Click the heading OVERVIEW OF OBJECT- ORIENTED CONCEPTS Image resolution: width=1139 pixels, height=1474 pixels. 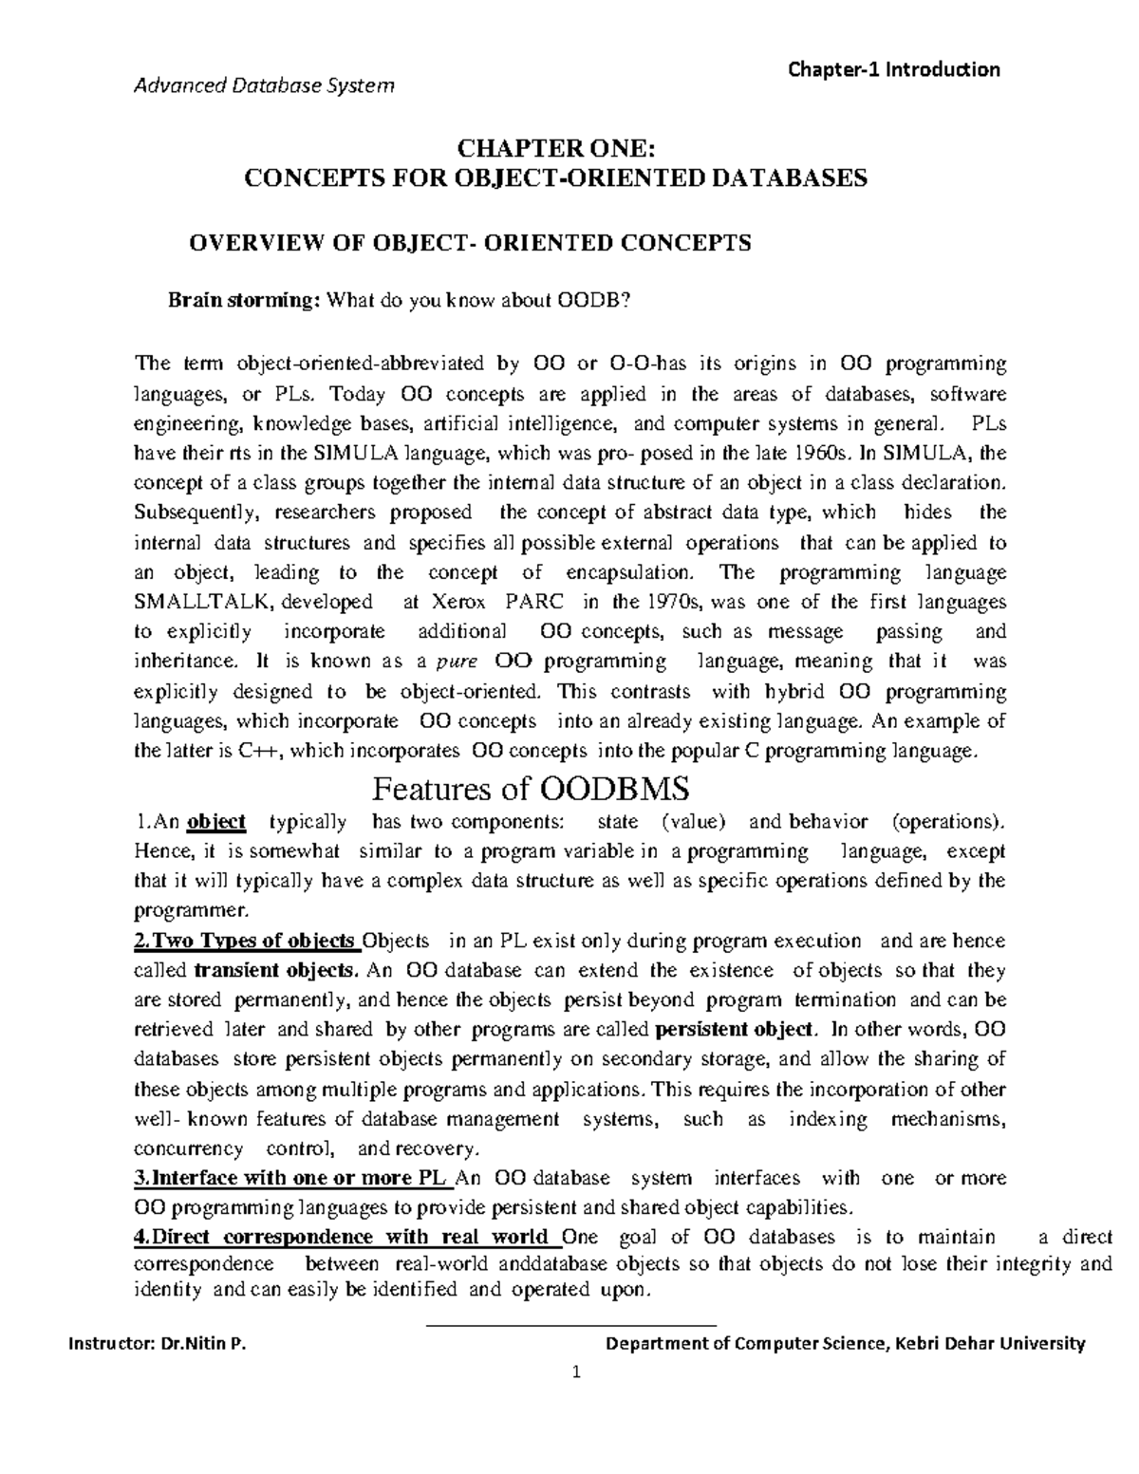click(x=471, y=243)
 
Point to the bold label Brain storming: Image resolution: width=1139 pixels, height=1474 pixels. click(x=244, y=301)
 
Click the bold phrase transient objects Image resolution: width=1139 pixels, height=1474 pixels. click(x=276, y=970)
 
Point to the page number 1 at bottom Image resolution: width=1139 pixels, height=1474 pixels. click(x=575, y=1372)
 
